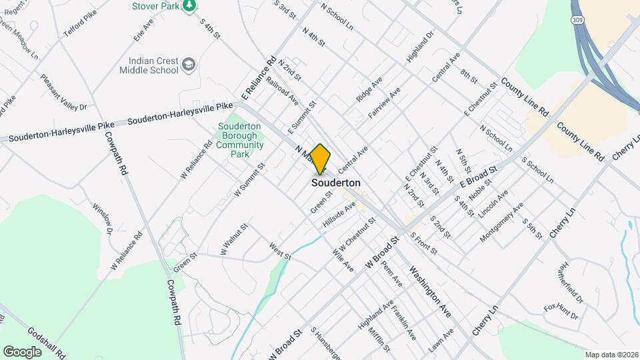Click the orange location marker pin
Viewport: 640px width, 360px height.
click(x=320, y=159)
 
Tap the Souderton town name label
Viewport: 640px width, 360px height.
click(x=336, y=183)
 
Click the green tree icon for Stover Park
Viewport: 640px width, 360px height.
click(x=190, y=5)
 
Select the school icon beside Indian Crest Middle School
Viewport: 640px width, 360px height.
click(x=189, y=64)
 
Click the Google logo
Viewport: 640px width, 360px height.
click(x=22, y=351)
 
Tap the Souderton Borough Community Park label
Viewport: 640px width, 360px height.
click(x=240, y=140)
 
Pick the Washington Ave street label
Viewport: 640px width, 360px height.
click(x=431, y=290)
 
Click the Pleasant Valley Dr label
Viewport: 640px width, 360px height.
click(x=63, y=92)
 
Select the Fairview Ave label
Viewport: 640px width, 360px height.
click(x=383, y=103)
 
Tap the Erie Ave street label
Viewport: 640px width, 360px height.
click(x=143, y=31)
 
